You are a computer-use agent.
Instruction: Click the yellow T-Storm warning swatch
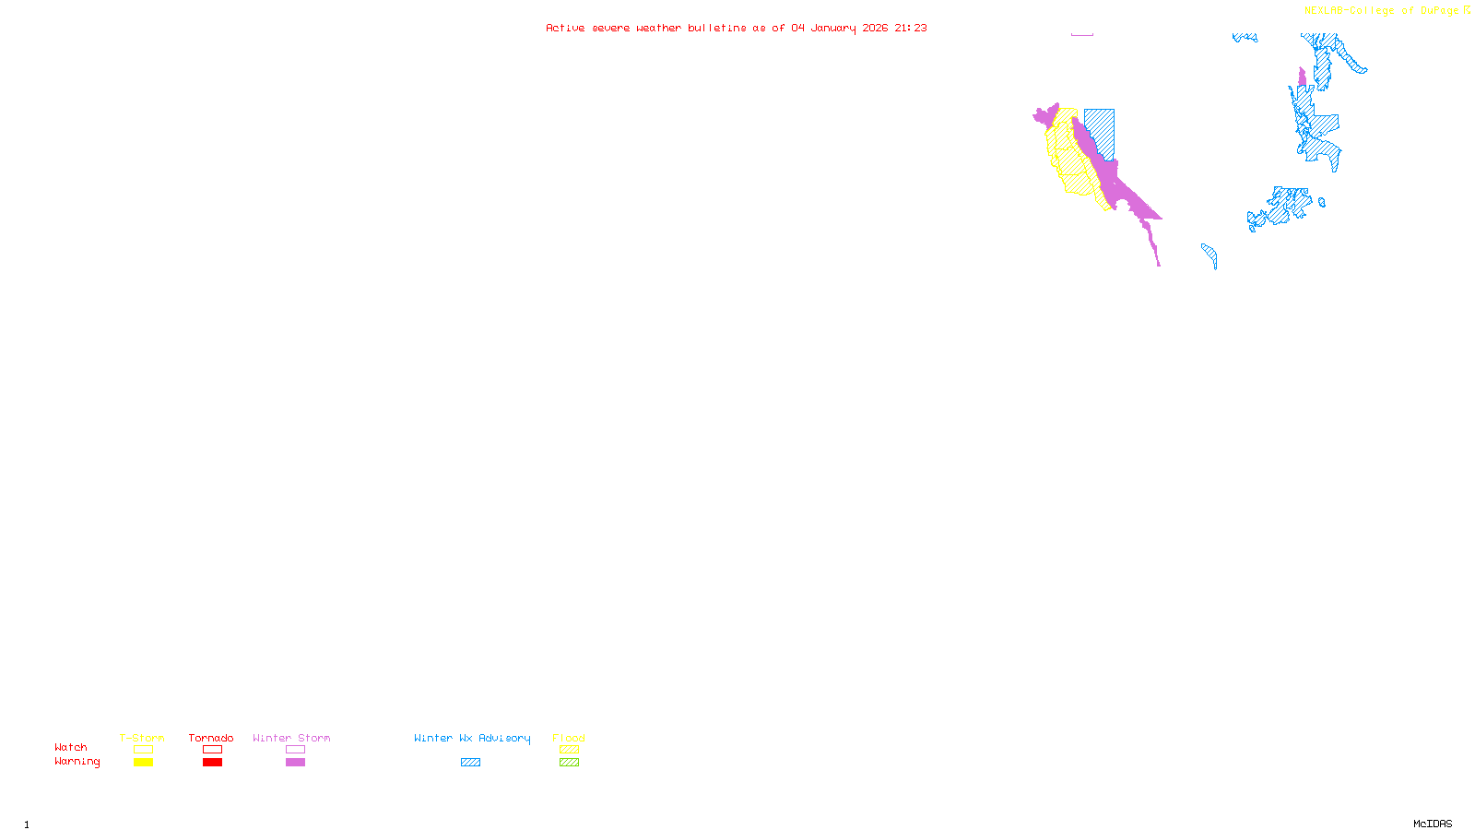(143, 763)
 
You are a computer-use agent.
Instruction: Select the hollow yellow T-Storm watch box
(143, 750)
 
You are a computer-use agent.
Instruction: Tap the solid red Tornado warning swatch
(212, 763)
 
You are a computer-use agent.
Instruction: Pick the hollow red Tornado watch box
(212, 750)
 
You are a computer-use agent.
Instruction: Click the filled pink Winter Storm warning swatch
(295, 763)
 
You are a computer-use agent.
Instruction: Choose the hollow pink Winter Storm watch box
(295, 750)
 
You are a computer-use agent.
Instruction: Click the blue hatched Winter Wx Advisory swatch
(470, 763)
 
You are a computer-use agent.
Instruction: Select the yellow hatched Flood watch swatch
(569, 750)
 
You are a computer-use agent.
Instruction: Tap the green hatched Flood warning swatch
(569, 763)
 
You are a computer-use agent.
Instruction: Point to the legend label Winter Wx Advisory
(472, 738)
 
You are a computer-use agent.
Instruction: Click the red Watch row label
(71, 747)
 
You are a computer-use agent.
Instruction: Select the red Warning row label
(77, 762)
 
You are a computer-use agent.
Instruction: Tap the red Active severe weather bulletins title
(736, 28)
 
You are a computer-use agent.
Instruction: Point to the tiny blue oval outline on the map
(1322, 203)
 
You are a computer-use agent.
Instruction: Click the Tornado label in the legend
(211, 738)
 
